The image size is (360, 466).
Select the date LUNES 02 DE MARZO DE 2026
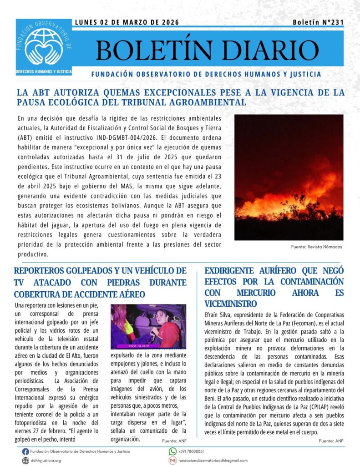tap(127, 22)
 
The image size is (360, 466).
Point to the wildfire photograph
tap(289, 177)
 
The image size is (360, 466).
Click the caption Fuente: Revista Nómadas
tap(316, 247)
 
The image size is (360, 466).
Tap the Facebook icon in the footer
tap(25, 451)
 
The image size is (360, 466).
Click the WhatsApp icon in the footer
tap(172, 451)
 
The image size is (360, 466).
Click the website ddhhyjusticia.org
tap(46, 461)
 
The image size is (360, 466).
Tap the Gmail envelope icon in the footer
tap(172, 461)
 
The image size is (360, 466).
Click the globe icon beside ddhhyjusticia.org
tap(25, 461)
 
